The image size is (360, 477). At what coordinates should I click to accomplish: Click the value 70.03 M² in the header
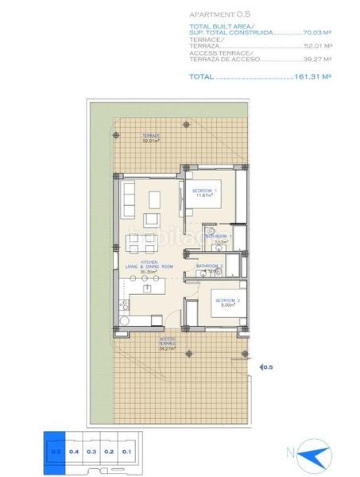point(316,33)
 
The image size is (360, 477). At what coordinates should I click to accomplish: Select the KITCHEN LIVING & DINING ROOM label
point(148,266)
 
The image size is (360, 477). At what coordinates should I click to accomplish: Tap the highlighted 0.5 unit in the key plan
point(56,451)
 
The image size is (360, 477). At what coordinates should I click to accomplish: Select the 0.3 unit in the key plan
point(91,451)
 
